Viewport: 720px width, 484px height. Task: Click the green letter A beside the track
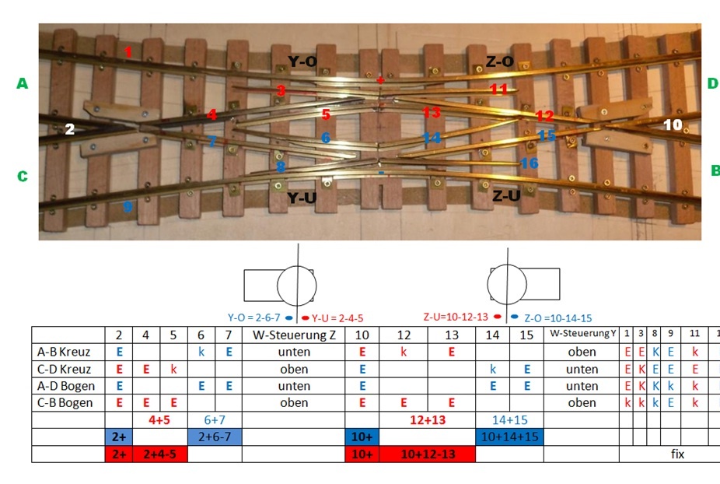(x=22, y=83)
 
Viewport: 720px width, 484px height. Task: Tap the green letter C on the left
(x=22, y=177)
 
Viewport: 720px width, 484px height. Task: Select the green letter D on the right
(x=712, y=83)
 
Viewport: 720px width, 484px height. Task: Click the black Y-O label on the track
(x=302, y=61)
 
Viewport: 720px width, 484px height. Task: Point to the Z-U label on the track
(x=506, y=196)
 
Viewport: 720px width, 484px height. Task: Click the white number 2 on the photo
(x=70, y=129)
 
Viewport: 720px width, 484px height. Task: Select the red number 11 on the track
(x=498, y=89)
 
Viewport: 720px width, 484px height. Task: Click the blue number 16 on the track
(x=530, y=163)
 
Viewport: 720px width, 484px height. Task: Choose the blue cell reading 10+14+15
(x=509, y=437)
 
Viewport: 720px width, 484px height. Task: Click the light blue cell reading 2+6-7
(x=215, y=437)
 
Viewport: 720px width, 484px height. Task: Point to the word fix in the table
(x=677, y=454)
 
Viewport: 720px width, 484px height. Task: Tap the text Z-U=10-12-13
(x=457, y=317)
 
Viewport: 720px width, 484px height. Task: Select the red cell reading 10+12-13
(x=428, y=454)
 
